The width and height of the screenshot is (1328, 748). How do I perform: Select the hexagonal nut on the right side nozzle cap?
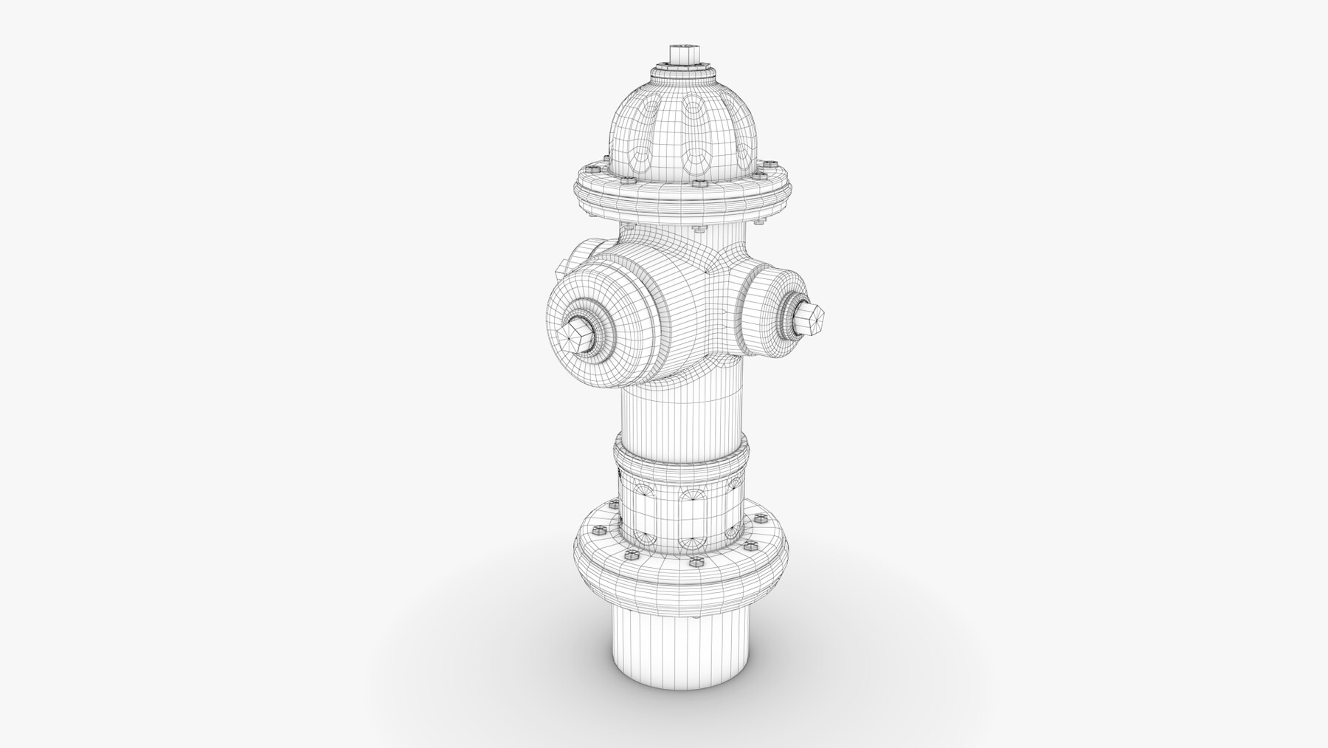coord(809,318)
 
